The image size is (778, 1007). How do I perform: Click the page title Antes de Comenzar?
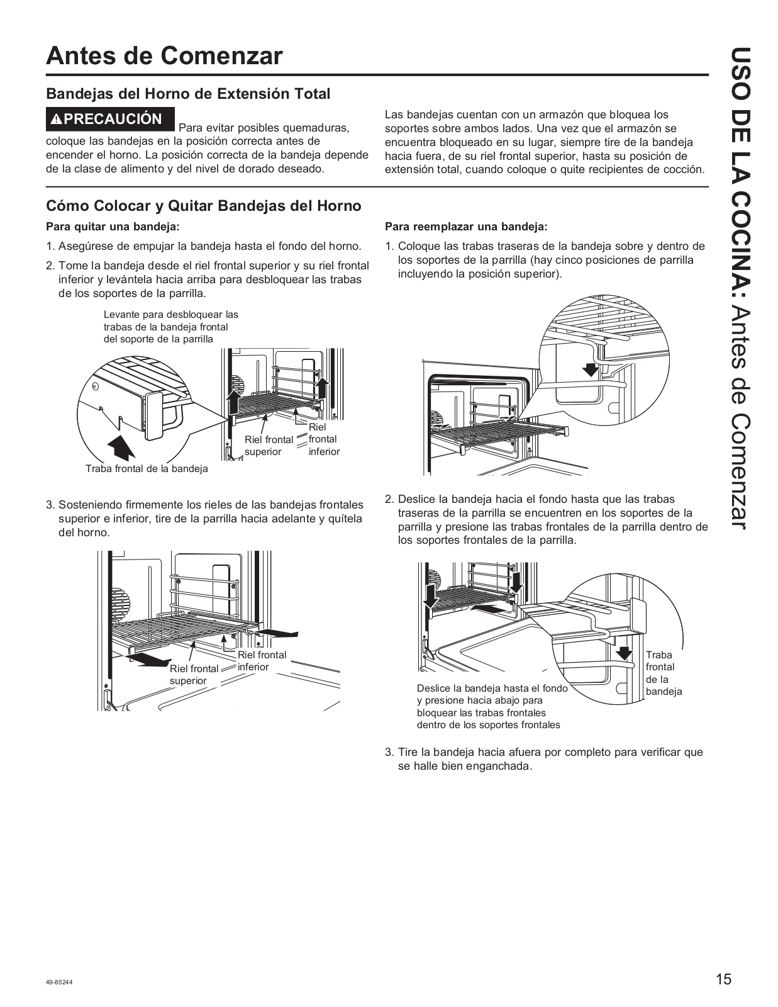tap(164, 56)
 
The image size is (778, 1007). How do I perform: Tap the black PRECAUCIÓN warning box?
tap(110, 119)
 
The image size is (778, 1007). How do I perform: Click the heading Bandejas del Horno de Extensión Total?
tap(188, 94)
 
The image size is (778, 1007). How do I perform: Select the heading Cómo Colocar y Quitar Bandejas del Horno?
tap(204, 206)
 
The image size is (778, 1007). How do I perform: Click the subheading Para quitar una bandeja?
tap(113, 227)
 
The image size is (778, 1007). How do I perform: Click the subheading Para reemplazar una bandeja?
tap(466, 227)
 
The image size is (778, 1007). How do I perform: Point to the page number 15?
tap(723, 979)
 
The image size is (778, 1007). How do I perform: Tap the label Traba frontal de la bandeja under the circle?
tap(147, 468)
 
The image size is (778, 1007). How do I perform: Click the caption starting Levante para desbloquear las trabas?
tap(170, 327)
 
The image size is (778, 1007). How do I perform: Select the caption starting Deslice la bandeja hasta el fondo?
tap(492, 706)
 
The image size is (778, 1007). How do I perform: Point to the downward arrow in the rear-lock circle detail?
tap(590, 368)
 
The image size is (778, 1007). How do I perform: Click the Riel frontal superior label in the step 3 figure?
tap(194, 674)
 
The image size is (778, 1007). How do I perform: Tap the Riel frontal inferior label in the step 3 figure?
tap(262, 661)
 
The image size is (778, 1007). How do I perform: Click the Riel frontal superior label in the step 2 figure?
tap(269, 446)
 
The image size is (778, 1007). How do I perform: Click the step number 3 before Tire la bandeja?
tap(389, 752)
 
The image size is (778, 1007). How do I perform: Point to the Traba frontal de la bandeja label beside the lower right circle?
tap(664, 673)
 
